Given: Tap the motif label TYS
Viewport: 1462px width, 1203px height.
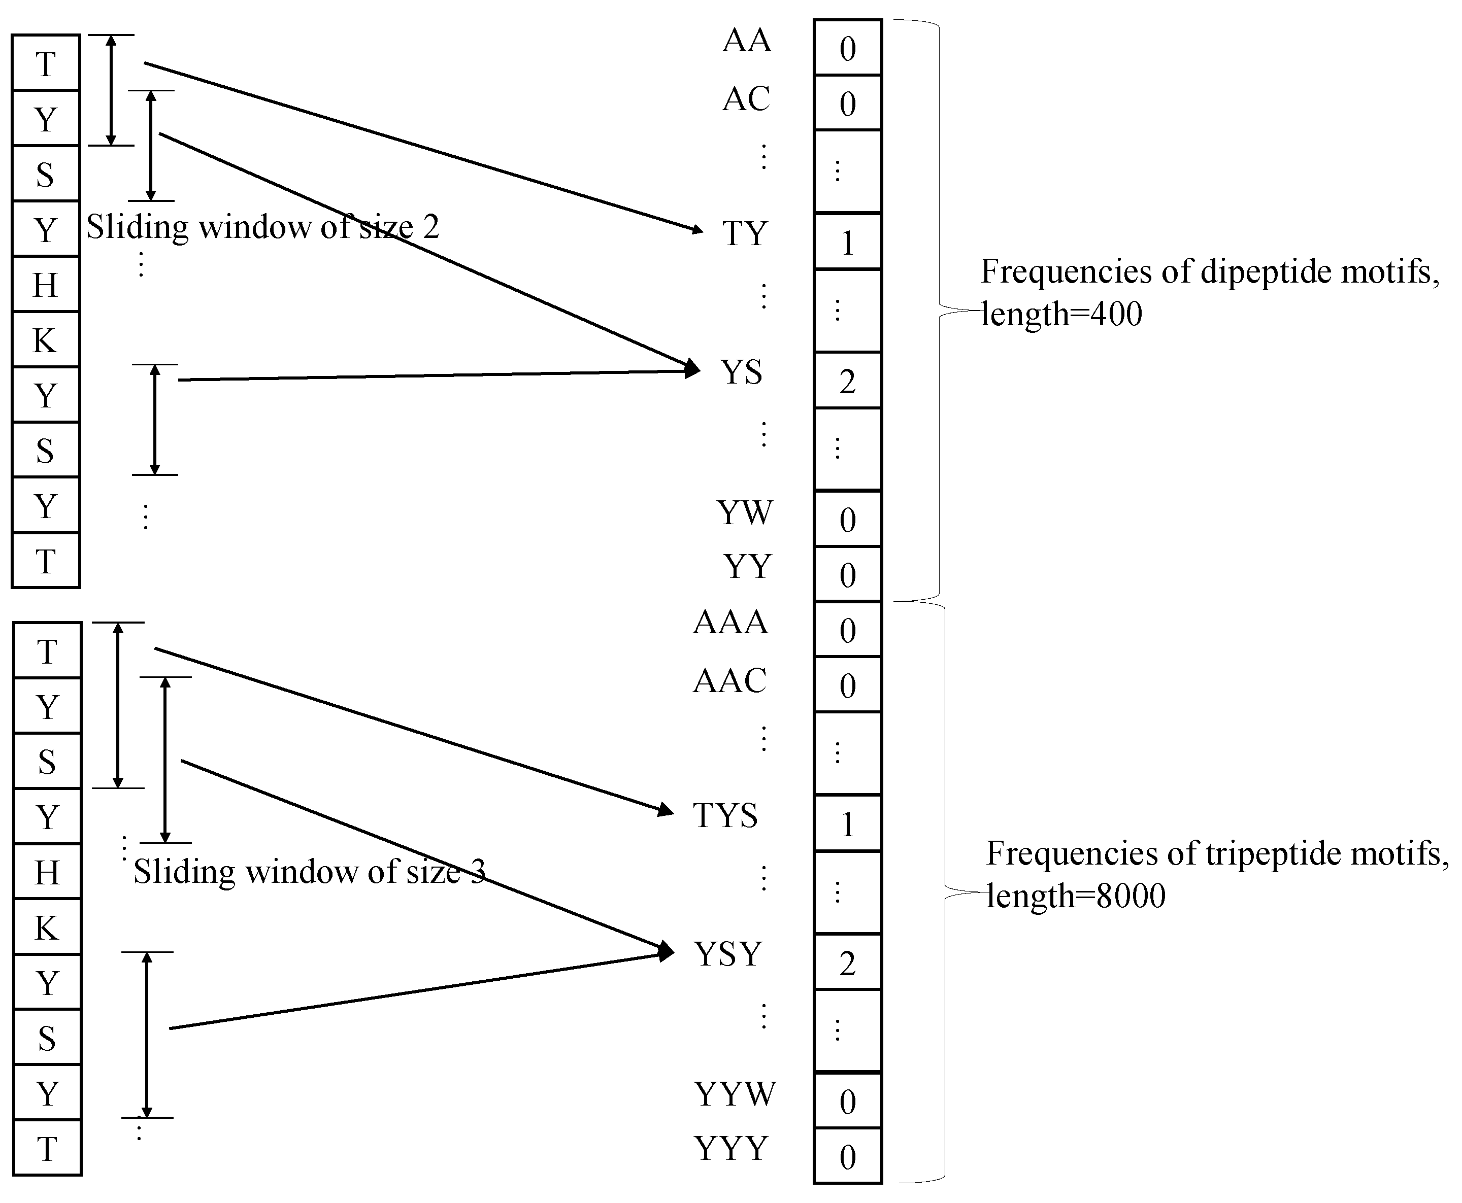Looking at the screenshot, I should pos(725,816).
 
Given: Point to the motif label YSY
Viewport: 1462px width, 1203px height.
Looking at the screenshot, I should pos(728,954).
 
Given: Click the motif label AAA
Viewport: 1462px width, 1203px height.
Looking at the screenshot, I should pos(730,622).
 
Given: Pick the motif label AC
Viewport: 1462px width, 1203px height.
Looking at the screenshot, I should pos(746,99).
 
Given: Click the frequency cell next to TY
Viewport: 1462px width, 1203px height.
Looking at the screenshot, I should pos(847,242).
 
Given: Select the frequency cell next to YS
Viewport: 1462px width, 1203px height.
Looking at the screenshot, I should pos(847,381).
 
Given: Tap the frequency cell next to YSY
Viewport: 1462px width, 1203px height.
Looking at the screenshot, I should pos(847,963).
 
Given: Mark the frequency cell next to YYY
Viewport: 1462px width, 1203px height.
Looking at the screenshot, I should pos(847,1156).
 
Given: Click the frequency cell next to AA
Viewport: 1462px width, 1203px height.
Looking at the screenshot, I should pos(847,48).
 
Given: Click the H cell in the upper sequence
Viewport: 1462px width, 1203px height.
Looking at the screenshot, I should pos(46,285).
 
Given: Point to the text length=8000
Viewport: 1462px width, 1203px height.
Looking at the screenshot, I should pos(1076,896).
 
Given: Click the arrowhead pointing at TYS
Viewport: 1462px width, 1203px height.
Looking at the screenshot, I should pos(667,809).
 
